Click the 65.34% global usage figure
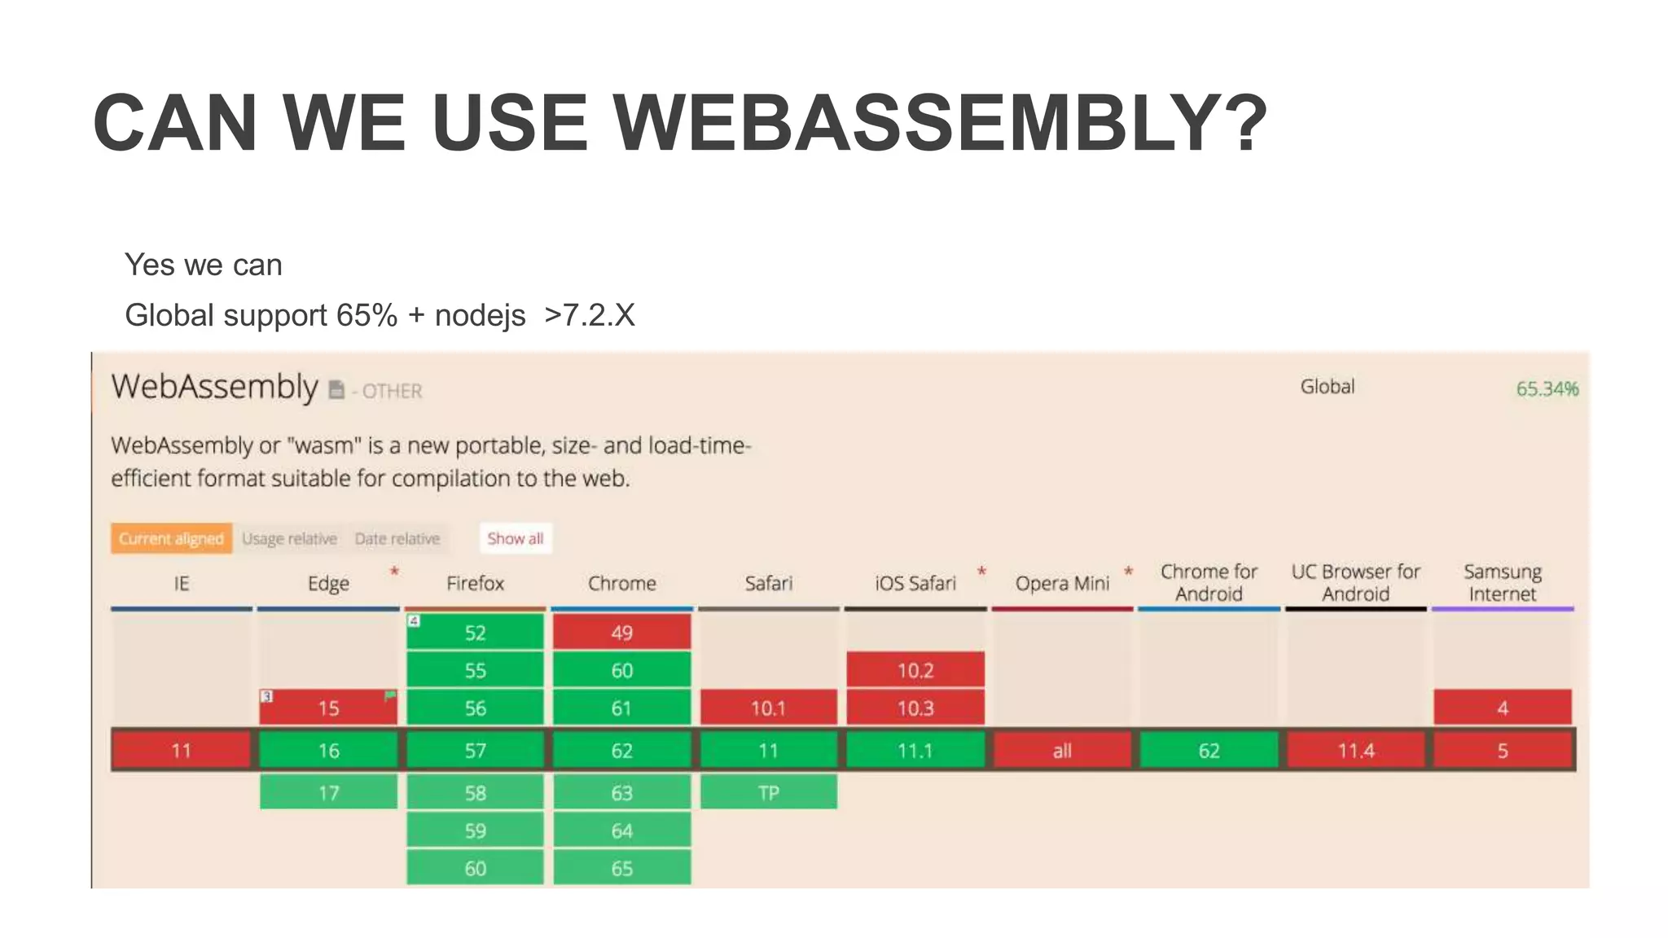coord(1546,389)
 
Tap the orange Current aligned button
coord(171,539)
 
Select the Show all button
coord(515,539)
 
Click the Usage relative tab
coord(289,539)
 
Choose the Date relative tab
coord(397,539)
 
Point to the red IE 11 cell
coord(181,751)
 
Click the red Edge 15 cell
coord(328,708)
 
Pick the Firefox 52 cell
coord(475,633)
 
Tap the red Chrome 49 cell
coord(621,633)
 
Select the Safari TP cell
coord(768,793)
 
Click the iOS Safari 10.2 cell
coord(915,671)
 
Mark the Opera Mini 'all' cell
coord(1062,751)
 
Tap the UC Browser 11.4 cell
coord(1355,751)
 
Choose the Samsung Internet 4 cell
coord(1503,708)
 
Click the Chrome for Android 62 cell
coord(1209,751)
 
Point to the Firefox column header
coord(475,584)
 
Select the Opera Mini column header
coord(1062,584)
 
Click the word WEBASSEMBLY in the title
coord(939,124)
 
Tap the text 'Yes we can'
coord(203,265)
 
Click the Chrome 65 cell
coord(621,869)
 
